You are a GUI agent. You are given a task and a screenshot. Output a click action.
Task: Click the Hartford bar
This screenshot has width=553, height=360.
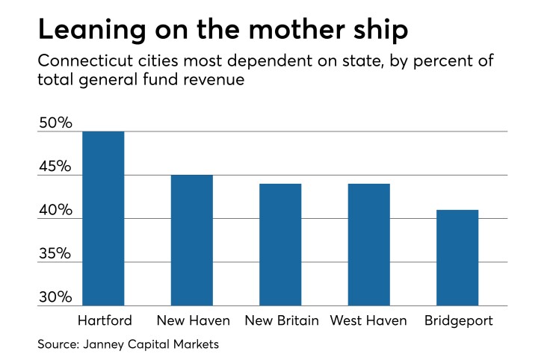click(103, 218)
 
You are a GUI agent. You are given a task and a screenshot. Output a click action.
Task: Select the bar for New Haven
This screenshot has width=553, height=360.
click(191, 240)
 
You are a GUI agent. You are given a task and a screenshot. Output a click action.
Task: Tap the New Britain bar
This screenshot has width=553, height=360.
click(280, 244)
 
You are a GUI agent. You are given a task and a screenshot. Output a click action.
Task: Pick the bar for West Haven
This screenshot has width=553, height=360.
click(368, 244)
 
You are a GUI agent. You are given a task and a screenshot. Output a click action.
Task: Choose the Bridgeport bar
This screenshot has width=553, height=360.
click(457, 258)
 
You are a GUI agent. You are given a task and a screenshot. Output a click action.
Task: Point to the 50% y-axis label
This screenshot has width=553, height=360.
click(55, 123)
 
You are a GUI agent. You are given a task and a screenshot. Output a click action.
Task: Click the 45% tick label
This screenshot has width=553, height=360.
click(55, 167)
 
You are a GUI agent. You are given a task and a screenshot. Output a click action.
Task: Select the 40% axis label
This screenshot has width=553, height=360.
click(55, 211)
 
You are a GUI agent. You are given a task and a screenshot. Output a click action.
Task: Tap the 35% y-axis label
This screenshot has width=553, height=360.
click(55, 254)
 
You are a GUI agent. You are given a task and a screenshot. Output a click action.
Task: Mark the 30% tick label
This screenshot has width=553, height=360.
click(55, 297)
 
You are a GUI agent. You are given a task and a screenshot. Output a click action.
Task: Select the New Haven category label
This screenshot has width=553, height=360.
click(193, 321)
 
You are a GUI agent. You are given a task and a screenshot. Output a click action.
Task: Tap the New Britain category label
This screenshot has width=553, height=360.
click(282, 321)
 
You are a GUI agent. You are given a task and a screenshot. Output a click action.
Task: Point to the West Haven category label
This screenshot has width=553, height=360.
click(370, 321)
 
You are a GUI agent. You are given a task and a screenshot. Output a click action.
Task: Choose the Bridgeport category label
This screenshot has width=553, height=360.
click(457, 321)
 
